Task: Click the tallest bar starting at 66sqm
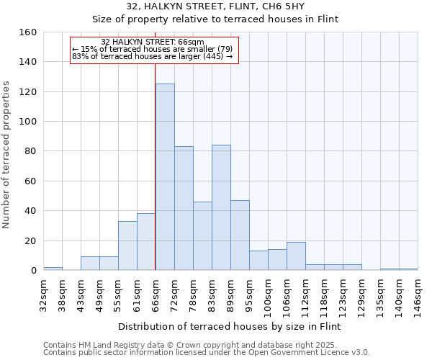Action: [165, 177]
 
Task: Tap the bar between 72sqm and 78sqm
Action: [184, 208]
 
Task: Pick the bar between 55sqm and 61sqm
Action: [127, 246]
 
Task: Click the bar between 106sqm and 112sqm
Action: [296, 256]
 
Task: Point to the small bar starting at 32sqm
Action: [53, 269]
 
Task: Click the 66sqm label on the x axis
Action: [156, 294]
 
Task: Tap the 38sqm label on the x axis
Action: [62, 294]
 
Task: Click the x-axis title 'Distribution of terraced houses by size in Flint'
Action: [230, 326]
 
